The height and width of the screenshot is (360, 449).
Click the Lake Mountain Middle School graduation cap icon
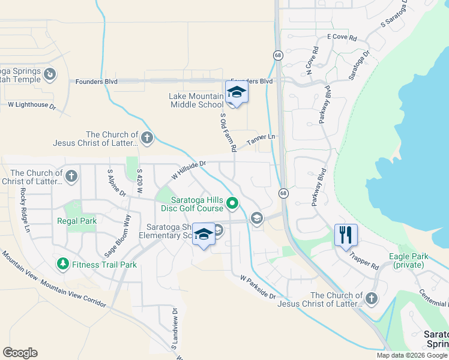[x=237, y=92]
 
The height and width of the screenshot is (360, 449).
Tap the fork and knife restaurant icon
[x=346, y=234]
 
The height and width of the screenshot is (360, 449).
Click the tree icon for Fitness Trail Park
[x=62, y=264]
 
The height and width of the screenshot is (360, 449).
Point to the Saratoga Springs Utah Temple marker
[x=50, y=75]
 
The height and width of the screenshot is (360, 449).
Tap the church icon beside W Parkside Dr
[x=372, y=298]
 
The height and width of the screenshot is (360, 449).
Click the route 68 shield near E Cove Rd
[x=278, y=55]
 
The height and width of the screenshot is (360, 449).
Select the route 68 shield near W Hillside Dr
[x=283, y=193]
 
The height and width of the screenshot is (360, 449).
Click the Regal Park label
[x=77, y=221]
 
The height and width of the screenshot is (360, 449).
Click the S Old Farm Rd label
[x=228, y=132]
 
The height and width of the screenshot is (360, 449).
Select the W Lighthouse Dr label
[x=31, y=104]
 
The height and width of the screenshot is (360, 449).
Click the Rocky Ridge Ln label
[x=25, y=211]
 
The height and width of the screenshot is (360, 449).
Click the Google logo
[x=20, y=353]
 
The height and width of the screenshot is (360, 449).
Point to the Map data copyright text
[x=411, y=355]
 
